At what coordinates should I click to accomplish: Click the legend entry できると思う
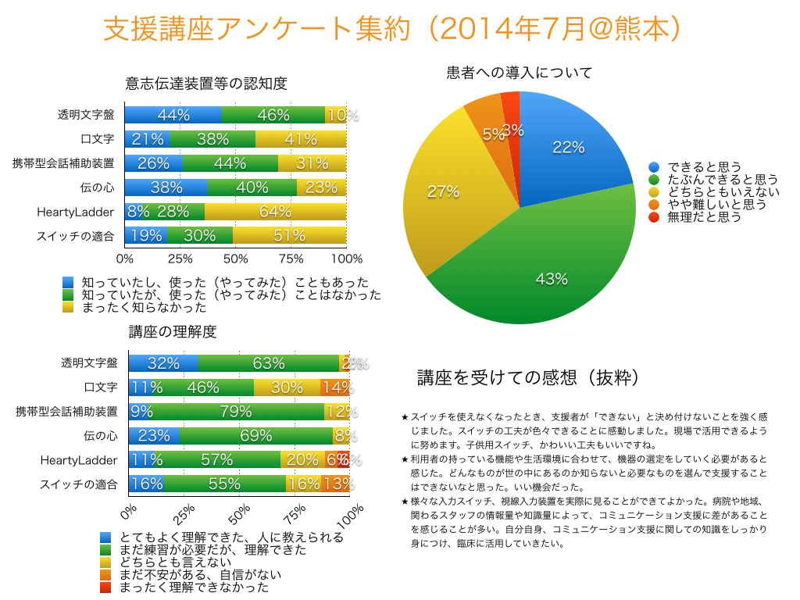click(x=703, y=167)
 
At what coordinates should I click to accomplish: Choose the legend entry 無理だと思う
click(x=703, y=217)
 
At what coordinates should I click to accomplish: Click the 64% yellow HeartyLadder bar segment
click(x=275, y=212)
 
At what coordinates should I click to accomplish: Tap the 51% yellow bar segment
click(x=289, y=236)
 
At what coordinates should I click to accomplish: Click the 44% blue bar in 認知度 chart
click(x=173, y=115)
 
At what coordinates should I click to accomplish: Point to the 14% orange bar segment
click(x=337, y=387)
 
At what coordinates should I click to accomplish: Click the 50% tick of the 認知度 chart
click(x=235, y=259)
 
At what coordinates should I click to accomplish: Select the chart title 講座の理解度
click(x=172, y=331)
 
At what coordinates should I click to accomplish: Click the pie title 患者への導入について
click(x=519, y=73)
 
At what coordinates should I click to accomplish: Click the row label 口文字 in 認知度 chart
click(x=98, y=139)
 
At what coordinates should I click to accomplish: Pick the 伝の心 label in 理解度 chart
click(x=100, y=436)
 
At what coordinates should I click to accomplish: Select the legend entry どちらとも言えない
click(x=175, y=561)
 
